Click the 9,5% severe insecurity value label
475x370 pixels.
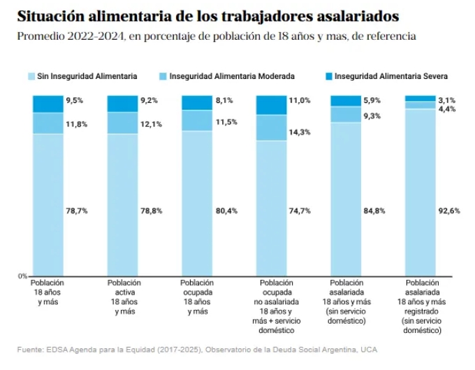coord(75,101)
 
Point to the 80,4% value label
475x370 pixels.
coord(225,211)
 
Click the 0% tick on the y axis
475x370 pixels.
coord(23,276)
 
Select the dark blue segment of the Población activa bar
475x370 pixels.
coord(122,104)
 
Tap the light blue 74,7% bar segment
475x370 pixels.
coord(272,208)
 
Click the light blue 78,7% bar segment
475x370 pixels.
coord(47,204)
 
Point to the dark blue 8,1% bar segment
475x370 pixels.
coord(197,103)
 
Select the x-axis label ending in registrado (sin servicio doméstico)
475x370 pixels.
coord(421,304)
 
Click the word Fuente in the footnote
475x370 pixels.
coord(30,348)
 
